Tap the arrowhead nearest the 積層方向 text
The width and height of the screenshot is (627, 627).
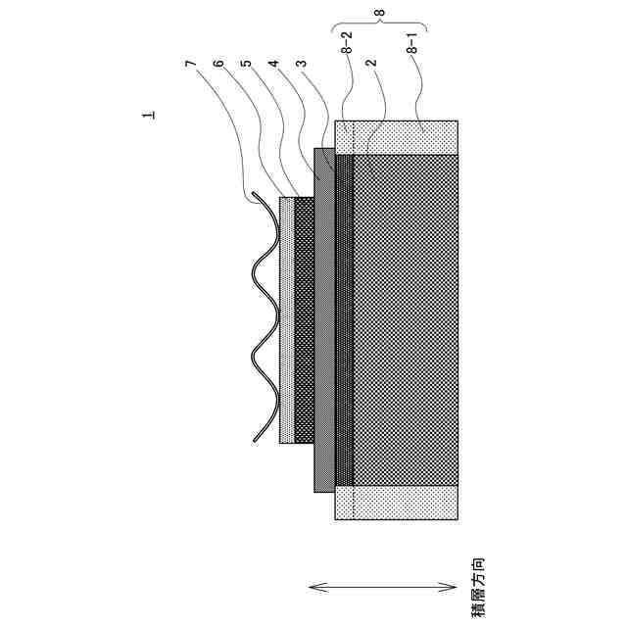[446, 587]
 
